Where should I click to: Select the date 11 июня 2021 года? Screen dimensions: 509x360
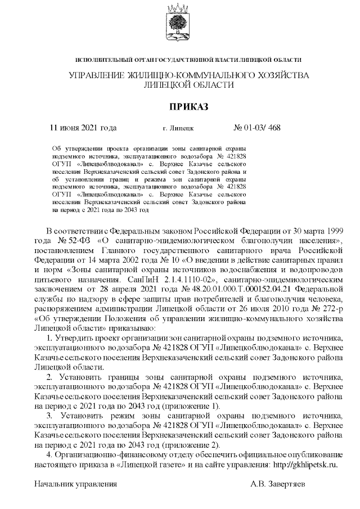point(84,128)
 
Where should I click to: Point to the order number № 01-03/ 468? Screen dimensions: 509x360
point(256,128)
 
